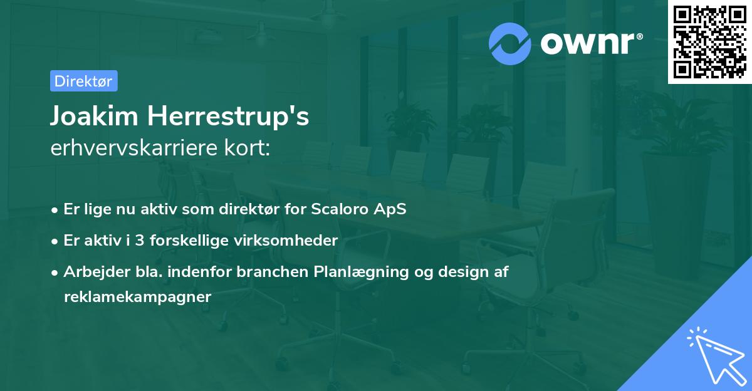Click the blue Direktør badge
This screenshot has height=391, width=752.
tap(84, 81)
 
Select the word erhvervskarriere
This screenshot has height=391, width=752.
tap(134, 148)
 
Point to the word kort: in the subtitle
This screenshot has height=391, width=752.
tap(247, 148)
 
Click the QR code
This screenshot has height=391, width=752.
tap(709, 42)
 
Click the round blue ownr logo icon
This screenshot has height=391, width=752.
tap(510, 44)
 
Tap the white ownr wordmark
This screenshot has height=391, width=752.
tap(588, 44)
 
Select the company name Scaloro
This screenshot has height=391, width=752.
tap(340, 209)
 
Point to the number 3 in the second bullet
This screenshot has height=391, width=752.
tap(140, 241)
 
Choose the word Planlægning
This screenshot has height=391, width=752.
tap(361, 273)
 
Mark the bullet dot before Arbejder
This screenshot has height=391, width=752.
tap(55, 273)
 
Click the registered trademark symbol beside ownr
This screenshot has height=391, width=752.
tap(639, 36)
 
